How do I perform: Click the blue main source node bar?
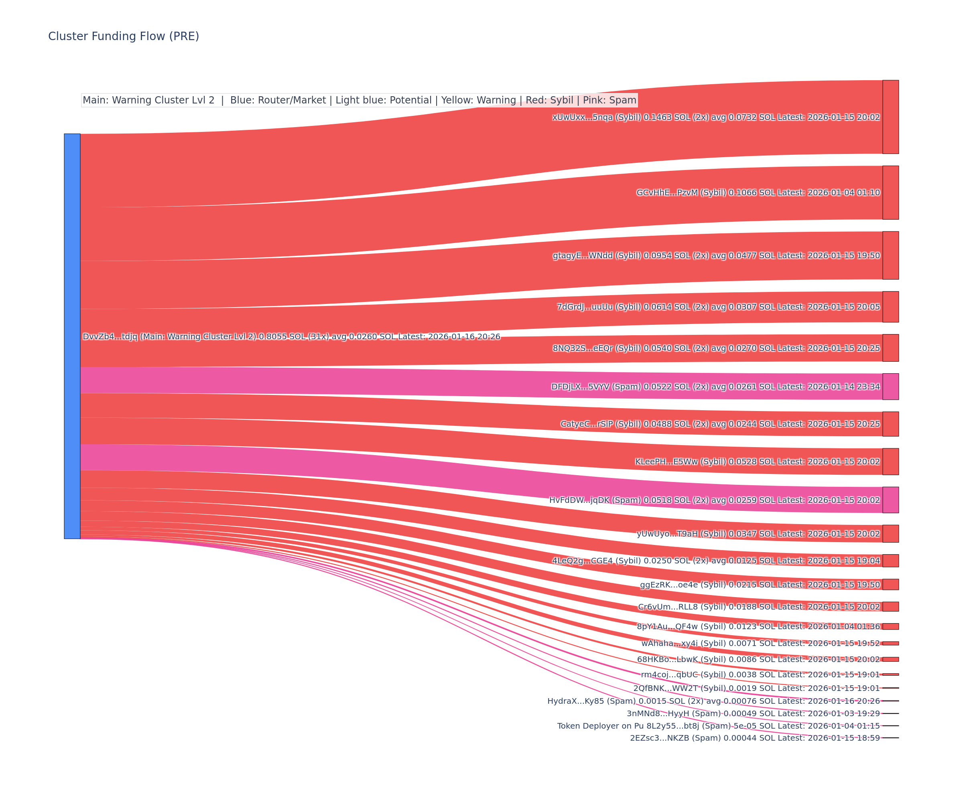click(72, 336)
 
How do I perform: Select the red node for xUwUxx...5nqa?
click(890, 117)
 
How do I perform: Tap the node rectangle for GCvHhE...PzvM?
click(890, 192)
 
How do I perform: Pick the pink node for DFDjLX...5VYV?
click(890, 386)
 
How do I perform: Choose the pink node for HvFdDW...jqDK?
click(890, 500)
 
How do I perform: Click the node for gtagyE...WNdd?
click(890, 255)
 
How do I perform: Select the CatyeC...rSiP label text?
click(720, 424)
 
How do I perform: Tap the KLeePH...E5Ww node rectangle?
click(890, 462)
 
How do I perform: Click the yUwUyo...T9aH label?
click(758, 534)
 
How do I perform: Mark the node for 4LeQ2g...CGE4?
click(890, 561)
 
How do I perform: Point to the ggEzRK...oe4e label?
click(760, 585)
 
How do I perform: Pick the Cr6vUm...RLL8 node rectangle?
click(890, 606)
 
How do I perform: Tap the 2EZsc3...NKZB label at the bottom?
click(754, 738)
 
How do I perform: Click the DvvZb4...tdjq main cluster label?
click(291, 336)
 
